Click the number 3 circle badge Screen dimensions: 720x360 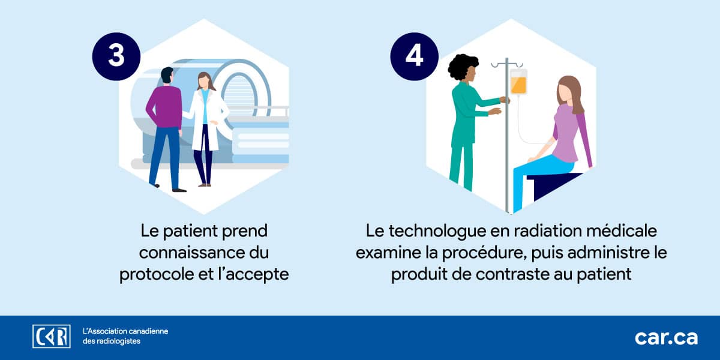[116, 56]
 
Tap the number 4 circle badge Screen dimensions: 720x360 [415, 56]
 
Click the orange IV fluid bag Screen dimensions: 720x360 [518, 82]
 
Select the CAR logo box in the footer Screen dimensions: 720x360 [52, 336]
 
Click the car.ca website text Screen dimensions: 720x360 [667, 338]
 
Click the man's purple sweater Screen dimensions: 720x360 [164, 107]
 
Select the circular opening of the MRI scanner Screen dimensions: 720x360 [240, 94]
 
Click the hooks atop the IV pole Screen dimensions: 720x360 [507, 65]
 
